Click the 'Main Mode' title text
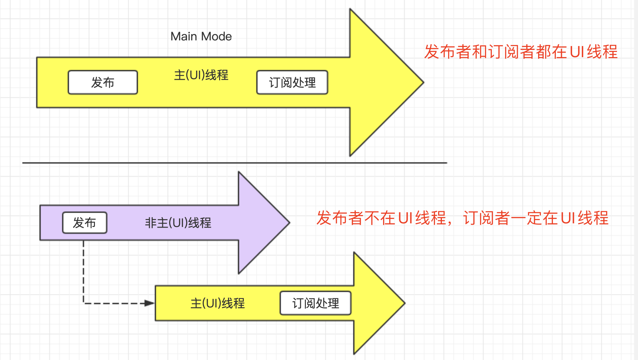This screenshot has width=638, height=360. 201,36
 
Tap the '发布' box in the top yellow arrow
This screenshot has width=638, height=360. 103,82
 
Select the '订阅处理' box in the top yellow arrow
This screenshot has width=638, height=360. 292,82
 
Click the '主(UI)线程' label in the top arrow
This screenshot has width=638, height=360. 201,75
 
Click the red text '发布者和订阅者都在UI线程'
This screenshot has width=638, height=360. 521,52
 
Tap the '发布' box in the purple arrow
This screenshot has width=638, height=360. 85,223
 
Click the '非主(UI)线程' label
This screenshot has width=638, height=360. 178,223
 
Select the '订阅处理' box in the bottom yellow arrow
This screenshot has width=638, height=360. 315,303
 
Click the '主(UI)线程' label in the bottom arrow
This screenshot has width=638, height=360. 217,303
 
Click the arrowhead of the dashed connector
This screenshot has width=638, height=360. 150,303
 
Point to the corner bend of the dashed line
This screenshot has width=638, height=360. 84,303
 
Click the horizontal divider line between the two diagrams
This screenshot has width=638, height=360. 235,163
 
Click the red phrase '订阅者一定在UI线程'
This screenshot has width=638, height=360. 535,218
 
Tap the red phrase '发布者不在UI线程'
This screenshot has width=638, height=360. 381,218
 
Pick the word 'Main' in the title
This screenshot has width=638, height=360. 184,36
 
